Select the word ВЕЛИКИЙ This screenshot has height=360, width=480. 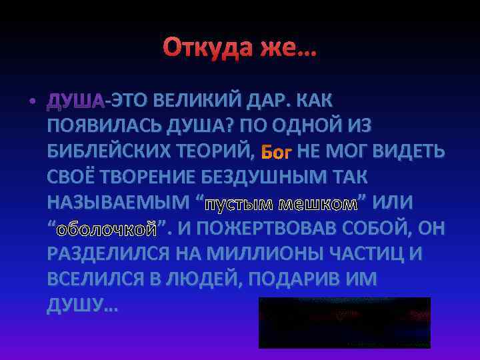195,101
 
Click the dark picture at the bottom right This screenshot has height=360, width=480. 344,323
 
